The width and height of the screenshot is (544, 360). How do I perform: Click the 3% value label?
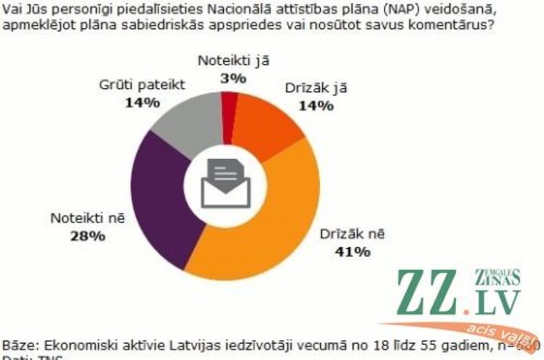(233, 79)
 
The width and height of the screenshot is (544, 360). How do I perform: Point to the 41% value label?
(352, 252)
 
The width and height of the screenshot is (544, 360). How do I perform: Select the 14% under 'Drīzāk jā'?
(316, 106)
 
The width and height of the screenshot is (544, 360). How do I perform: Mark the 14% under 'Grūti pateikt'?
(142, 102)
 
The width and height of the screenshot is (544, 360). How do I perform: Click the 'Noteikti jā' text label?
(234, 60)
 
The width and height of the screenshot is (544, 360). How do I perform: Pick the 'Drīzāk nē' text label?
(351, 234)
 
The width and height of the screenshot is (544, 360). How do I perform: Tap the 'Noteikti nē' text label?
(88, 218)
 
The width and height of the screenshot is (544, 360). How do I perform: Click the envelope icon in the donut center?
(225, 185)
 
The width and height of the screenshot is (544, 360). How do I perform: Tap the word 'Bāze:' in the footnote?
(16, 346)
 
